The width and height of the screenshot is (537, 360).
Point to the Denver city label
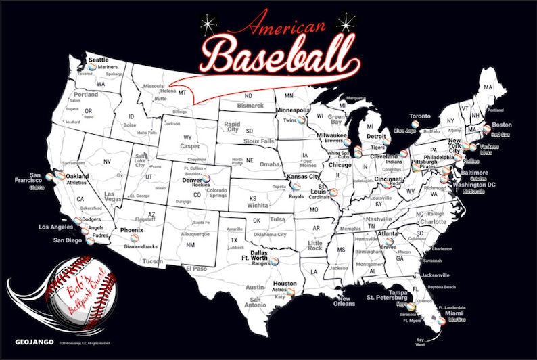coord(192,181)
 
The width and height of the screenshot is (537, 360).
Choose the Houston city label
coord(285,283)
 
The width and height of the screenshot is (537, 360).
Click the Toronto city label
coord(420,116)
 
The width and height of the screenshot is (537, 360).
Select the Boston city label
coord(501,125)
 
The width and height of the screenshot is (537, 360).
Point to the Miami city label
coord(453,313)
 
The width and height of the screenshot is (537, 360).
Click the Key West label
coord(421,342)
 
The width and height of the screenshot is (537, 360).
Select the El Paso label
coord(195,269)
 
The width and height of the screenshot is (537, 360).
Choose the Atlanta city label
coord(387,233)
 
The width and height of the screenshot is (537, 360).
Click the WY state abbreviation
coord(187,137)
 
